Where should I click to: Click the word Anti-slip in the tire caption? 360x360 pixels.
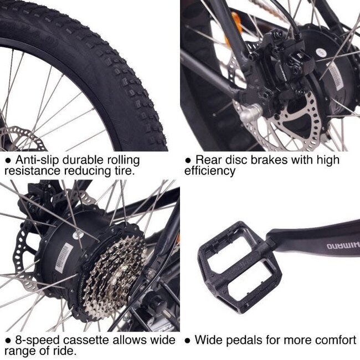(34, 160)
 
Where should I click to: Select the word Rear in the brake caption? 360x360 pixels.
(208, 160)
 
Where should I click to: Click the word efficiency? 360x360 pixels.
(209, 171)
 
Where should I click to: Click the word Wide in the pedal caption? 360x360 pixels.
(208, 340)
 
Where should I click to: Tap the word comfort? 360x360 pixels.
(335, 340)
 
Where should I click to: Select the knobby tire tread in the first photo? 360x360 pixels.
(111, 72)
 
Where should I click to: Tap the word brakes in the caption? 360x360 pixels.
(269, 160)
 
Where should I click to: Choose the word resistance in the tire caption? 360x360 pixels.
(28, 171)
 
